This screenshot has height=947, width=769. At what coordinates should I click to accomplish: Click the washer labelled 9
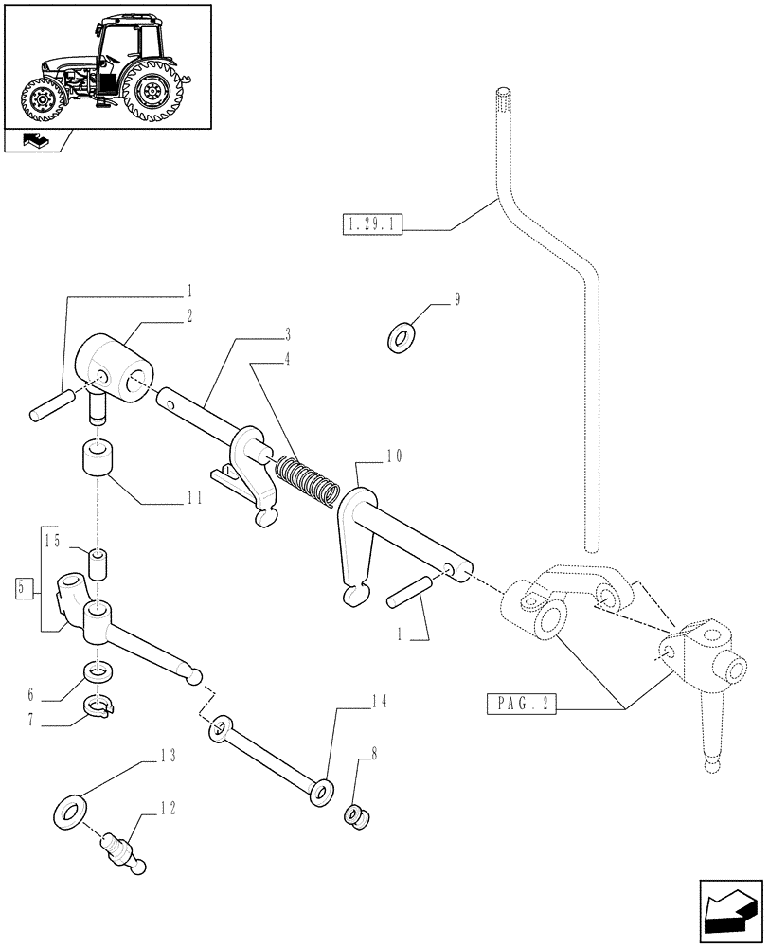pyautogui.click(x=402, y=336)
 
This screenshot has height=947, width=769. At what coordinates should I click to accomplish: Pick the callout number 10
pyautogui.click(x=393, y=456)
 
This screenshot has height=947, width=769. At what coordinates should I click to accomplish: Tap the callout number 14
pyautogui.click(x=380, y=703)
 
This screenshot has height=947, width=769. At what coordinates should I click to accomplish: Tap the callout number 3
pyautogui.click(x=286, y=333)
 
